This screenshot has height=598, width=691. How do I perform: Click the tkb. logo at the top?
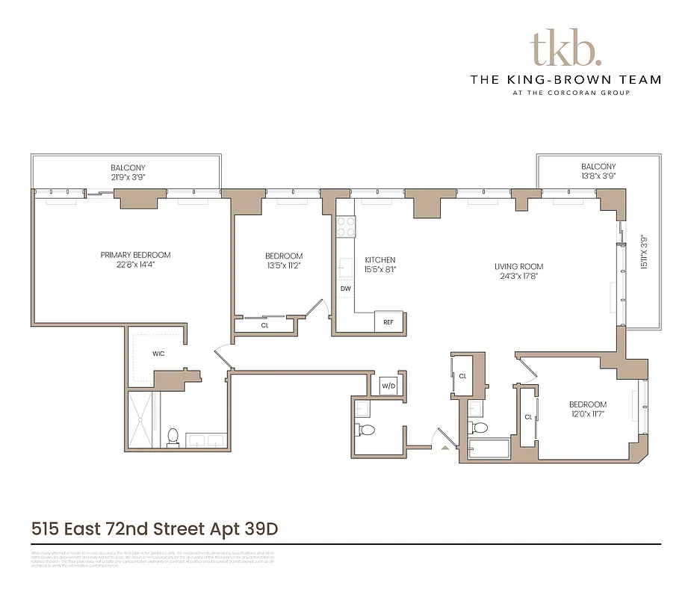coord(565,49)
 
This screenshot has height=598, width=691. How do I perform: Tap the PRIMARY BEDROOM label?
coord(135,255)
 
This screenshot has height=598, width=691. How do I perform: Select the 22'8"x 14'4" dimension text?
coord(135,265)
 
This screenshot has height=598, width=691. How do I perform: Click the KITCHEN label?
coord(380,259)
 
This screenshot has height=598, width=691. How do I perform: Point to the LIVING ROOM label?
coord(518,266)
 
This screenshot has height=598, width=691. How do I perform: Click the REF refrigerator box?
coord(388,321)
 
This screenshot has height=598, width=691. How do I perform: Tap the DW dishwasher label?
coord(345,288)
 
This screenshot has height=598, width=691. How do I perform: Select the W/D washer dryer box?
coord(388,386)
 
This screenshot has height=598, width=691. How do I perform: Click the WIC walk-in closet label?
coord(158,354)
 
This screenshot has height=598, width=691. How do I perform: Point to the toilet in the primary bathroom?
coord(173,437)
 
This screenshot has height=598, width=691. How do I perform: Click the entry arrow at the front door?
coord(446,447)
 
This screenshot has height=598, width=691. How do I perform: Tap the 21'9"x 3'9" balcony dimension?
coord(128,178)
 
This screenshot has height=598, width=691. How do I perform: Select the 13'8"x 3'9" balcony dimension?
coord(598,177)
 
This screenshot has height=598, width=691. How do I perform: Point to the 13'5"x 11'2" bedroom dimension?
coord(284,265)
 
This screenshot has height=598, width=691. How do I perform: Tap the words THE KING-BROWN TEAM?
coord(565,79)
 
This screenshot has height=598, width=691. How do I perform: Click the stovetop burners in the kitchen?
coord(345,226)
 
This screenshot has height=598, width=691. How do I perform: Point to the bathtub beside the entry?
coord(486,449)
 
